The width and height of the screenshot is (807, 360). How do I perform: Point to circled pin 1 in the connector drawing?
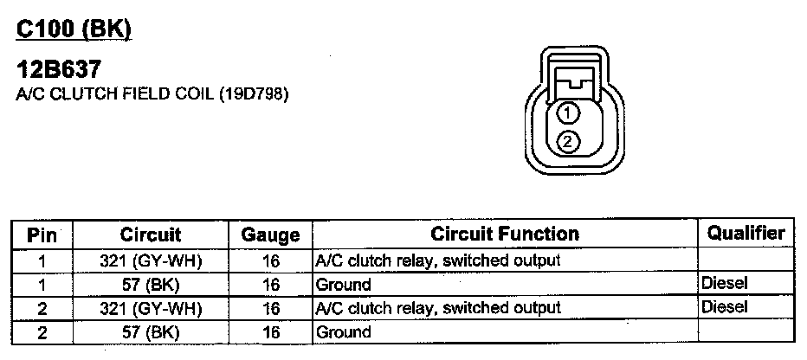click(x=568, y=112)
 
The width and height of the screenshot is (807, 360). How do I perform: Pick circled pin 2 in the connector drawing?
click(x=568, y=141)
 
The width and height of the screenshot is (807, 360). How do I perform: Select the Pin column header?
click(x=42, y=235)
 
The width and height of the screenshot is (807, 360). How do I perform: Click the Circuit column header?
click(x=151, y=235)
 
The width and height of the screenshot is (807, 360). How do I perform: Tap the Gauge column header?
click(x=270, y=235)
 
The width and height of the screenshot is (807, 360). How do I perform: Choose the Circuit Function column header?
click(x=505, y=234)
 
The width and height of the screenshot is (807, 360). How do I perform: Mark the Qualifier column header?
click(x=746, y=233)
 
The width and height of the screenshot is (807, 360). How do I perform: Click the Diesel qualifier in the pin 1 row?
click(x=725, y=283)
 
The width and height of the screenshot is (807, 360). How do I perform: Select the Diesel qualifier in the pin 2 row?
click(x=725, y=306)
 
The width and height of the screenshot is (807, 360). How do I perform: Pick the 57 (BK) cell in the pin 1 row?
click(x=151, y=284)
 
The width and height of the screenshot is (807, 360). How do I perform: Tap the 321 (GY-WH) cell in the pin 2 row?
click(x=151, y=307)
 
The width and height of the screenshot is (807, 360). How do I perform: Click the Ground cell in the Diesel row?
click(x=344, y=284)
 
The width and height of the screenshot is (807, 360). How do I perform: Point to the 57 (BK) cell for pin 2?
click(x=151, y=331)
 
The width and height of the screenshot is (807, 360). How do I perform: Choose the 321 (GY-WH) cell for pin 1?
click(x=151, y=260)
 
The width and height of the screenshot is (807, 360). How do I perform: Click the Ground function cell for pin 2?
click(x=344, y=331)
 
